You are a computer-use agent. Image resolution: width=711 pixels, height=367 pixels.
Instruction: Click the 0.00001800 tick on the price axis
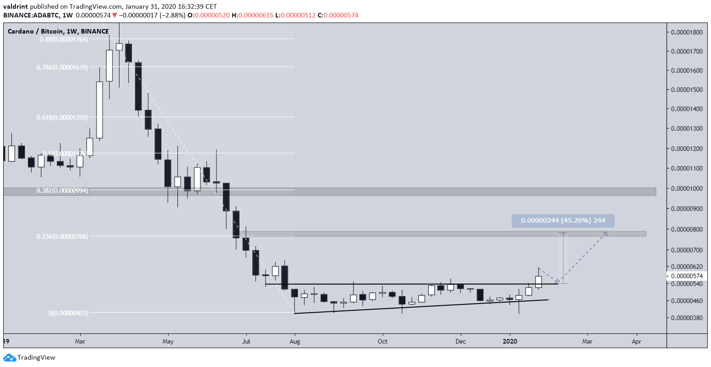[687, 32]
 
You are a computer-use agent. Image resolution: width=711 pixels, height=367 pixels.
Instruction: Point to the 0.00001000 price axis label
[687, 189]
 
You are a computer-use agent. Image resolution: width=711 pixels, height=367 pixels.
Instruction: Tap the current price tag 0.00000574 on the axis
[687, 276]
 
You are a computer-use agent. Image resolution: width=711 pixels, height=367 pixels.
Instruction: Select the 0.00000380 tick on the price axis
[687, 318]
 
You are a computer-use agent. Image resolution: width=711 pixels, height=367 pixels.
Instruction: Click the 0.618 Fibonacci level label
[62, 117]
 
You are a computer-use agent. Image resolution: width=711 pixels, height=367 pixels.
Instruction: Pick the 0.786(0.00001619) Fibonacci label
[62, 67]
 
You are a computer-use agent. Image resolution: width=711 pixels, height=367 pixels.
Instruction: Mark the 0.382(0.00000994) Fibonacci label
[62, 190]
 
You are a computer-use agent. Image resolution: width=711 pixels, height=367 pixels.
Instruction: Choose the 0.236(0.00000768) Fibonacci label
[62, 236]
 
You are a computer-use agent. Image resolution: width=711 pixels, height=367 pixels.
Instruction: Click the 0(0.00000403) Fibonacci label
[68, 313]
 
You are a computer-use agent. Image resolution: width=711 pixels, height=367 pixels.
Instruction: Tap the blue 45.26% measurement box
[563, 221]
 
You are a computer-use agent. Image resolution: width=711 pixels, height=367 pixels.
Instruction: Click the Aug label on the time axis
[295, 341]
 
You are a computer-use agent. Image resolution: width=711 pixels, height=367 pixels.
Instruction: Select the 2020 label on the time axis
[510, 341]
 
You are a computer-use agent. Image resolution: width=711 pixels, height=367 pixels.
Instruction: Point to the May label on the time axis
[168, 341]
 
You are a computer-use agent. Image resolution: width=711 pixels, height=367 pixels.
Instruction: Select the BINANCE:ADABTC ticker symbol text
[32, 15]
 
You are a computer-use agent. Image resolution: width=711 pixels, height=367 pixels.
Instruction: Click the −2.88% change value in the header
[175, 15]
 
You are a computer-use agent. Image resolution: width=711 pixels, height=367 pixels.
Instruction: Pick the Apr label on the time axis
[637, 341]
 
